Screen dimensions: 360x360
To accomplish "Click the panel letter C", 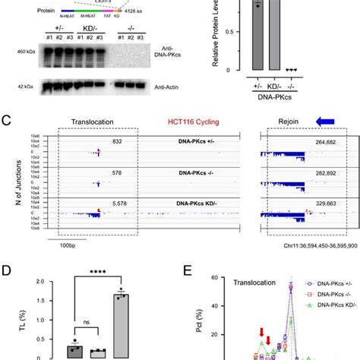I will click(6, 121).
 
